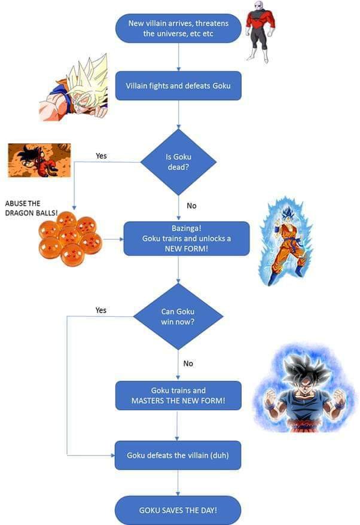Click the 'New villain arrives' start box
(178, 28)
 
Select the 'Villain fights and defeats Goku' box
(178, 86)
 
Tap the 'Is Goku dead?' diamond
(178, 162)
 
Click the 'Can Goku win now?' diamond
(178, 316)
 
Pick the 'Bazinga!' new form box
(187, 239)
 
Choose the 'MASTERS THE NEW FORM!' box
(178, 395)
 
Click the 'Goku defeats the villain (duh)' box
(178, 456)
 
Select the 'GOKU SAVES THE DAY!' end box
(178, 510)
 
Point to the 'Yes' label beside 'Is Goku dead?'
(101, 155)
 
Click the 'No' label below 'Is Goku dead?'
(191, 206)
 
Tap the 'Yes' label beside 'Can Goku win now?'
(101, 310)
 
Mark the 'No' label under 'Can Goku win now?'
(188, 364)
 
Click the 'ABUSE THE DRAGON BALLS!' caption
(31, 208)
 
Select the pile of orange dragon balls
(70, 239)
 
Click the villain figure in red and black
(260, 32)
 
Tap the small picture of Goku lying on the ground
(39, 160)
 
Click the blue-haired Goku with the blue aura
(286, 241)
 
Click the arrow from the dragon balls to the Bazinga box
(113, 239)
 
